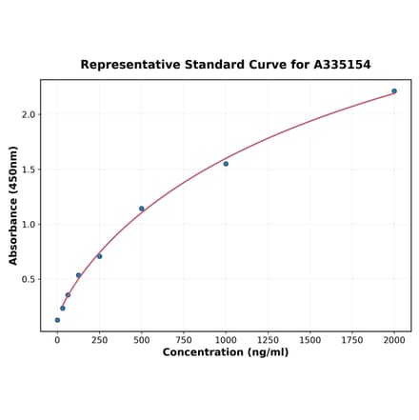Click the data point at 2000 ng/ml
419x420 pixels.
(394, 91)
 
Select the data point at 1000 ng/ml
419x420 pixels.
(226, 164)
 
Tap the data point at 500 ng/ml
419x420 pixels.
(142, 209)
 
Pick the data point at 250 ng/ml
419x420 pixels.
(99, 256)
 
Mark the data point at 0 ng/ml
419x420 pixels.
(57, 320)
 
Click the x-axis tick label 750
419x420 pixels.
(183, 340)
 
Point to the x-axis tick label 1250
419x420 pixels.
(268, 340)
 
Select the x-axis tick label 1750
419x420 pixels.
(351, 340)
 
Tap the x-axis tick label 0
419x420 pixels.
(57, 340)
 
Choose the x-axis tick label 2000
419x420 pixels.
(394, 340)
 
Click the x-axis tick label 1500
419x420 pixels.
(309, 340)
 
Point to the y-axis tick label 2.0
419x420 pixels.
(28, 114)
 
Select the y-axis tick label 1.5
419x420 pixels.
(28, 170)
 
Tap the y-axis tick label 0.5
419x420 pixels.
(28, 280)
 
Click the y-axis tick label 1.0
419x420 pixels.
(28, 225)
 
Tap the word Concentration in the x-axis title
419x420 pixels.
(204, 353)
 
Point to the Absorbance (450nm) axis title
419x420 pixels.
(13, 206)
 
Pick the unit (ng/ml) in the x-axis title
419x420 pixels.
(268, 353)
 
